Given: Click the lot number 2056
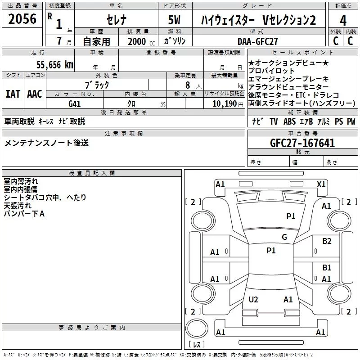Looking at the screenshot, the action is click(22, 19).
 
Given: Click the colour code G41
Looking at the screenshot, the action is click(75, 103).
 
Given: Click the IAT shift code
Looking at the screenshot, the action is click(13, 94).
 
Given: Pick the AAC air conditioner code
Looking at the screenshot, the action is click(35, 94).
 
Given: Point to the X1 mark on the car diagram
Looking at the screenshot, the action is click(321, 184).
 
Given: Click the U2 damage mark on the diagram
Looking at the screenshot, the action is click(253, 299).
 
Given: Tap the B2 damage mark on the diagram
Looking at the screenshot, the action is click(327, 241).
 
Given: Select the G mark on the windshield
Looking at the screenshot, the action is click(284, 237).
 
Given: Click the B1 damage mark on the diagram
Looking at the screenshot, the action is click(327, 268).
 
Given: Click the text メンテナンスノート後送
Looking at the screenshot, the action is click(46, 143).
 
